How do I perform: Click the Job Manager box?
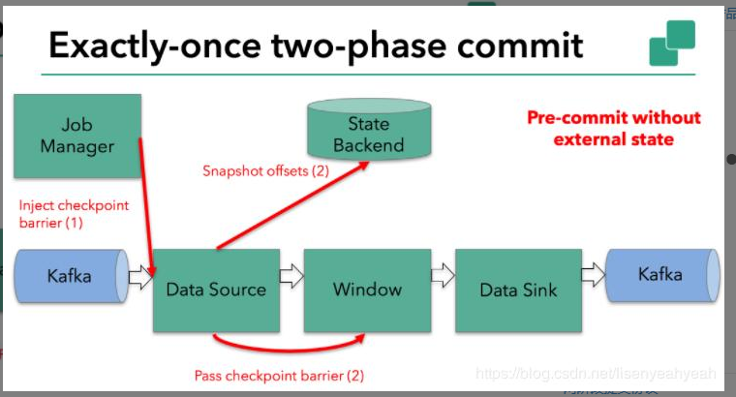point(77,136)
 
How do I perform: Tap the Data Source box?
point(215,290)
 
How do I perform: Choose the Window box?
point(367,290)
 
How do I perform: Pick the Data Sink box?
point(518,290)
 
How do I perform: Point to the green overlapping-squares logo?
point(672,45)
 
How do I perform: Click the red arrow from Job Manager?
point(147,203)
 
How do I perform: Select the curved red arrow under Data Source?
point(291,346)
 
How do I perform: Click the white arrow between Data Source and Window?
point(291,278)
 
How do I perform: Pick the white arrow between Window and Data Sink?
point(443,277)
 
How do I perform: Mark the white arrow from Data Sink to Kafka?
point(594,276)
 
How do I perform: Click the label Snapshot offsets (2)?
point(266,171)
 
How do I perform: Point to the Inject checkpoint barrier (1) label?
point(74,213)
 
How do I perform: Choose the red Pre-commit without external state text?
point(613,128)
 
